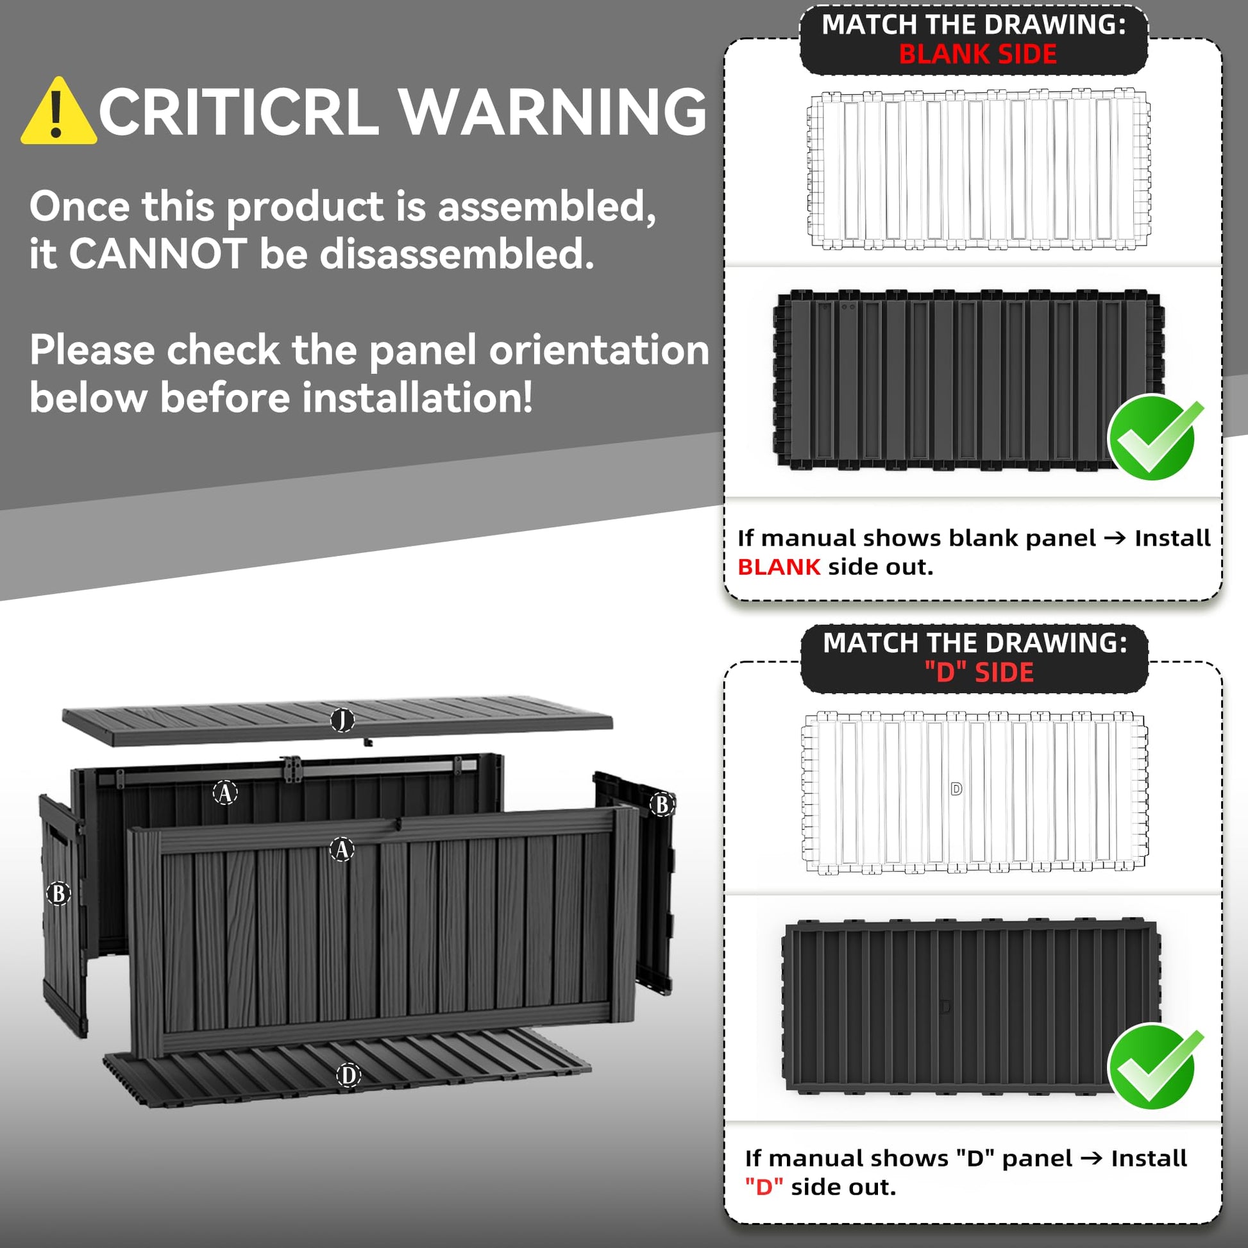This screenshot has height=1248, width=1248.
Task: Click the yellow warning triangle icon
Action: (x=58, y=111)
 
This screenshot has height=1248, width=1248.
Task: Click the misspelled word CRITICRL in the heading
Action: (x=238, y=112)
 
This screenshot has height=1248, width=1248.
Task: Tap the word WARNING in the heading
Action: (x=552, y=112)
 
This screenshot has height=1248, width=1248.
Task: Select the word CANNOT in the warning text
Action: (x=158, y=253)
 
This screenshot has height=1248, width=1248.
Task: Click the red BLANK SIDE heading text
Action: (x=978, y=55)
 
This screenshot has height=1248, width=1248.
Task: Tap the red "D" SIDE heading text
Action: (x=979, y=673)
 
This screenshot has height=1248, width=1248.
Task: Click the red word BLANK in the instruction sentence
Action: (x=779, y=566)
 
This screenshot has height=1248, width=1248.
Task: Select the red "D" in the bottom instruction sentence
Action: (x=764, y=1186)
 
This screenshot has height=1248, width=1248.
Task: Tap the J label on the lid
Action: (x=342, y=720)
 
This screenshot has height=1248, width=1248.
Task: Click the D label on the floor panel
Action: (x=349, y=1075)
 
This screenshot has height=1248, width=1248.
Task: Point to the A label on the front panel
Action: (x=342, y=850)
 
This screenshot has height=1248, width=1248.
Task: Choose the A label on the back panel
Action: (x=226, y=793)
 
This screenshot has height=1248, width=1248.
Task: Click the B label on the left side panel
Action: (x=59, y=893)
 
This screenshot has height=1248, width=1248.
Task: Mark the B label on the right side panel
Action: (x=662, y=804)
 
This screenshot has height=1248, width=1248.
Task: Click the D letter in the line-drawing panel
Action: (x=957, y=789)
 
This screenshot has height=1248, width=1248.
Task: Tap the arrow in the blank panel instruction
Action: (x=1116, y=538)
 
